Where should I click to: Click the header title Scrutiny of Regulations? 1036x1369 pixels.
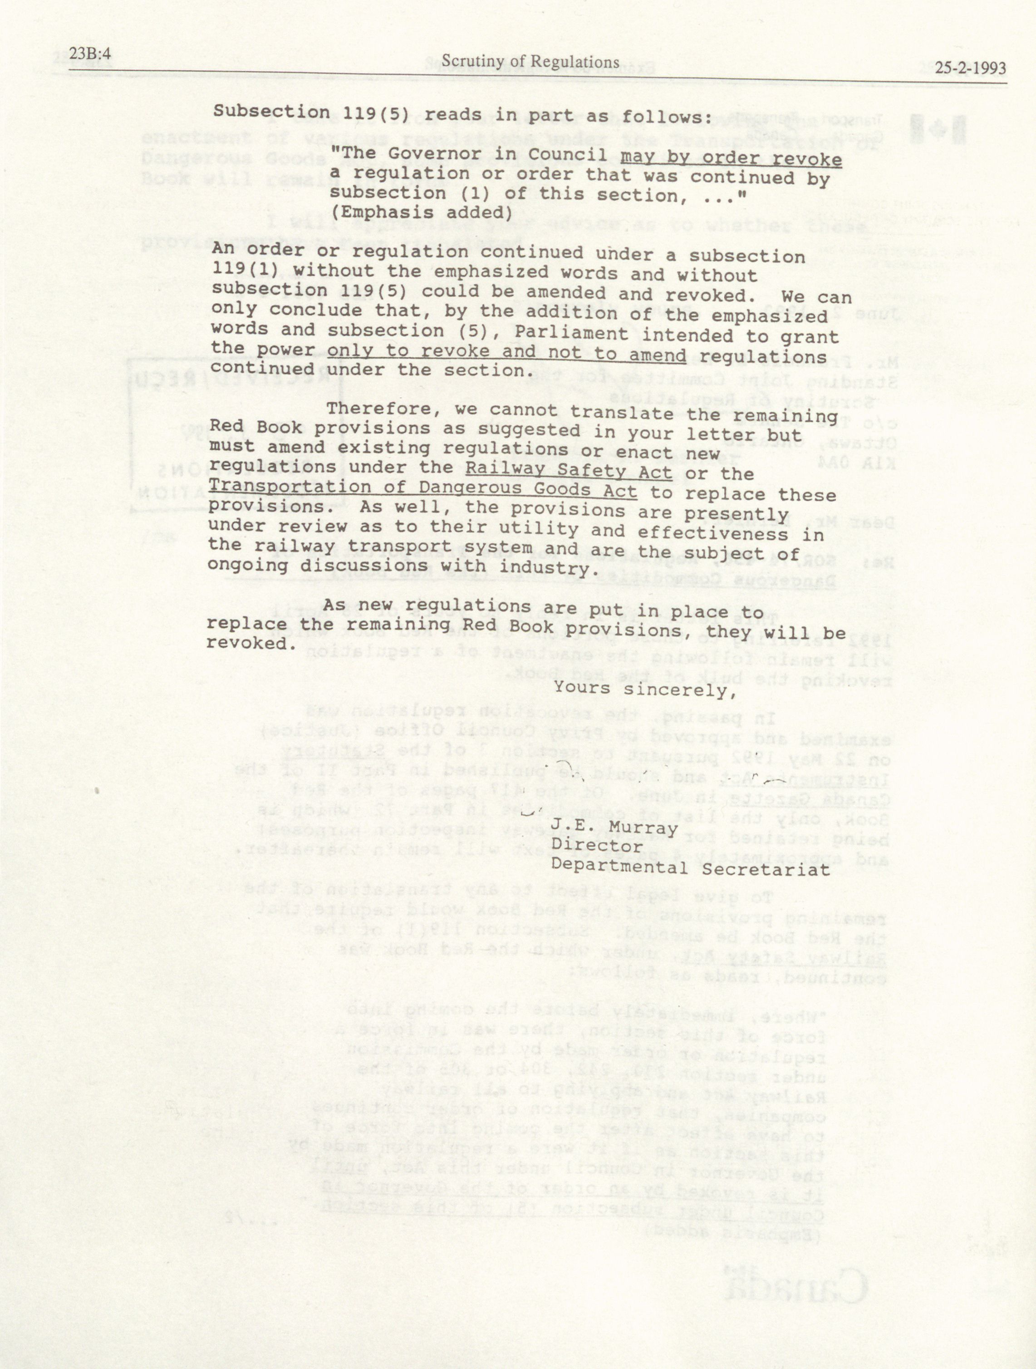coord(531,61)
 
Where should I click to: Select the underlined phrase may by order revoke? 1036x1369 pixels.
coord(732,158)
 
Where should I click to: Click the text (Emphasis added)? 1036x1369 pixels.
coord(422,213)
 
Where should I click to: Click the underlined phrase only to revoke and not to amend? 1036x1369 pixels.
coord(506,354)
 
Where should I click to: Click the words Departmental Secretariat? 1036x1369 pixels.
coord(689,867)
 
